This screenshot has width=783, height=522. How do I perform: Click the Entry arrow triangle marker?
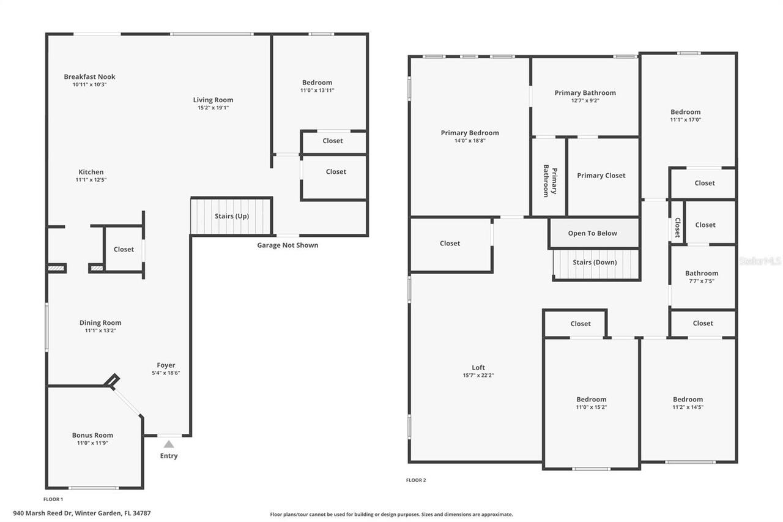click(x=169, y=444)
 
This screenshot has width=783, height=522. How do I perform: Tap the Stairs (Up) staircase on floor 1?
click(x=231, y=216)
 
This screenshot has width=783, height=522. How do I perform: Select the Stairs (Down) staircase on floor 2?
click(x=595, y=263)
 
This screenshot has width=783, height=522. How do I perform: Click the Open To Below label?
click(x=592, y=233)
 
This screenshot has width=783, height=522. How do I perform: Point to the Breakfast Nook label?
click(x=89, y=76)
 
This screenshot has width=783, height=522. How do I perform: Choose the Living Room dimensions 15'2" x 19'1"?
click(x=213, y=108)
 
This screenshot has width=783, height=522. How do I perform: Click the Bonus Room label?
click(x=92, y=435)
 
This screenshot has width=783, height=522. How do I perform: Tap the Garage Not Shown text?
click(x=288, y=245)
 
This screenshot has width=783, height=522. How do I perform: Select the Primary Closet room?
click(x=602, y=176)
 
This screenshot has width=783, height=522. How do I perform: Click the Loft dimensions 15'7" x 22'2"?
click(x=478, y=376)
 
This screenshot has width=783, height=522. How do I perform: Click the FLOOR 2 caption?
click(x=416, y=480)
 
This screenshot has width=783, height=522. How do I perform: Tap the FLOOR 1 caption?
click(x=53, y=499)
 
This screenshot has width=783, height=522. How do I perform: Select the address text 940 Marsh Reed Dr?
click(x=82, y=513)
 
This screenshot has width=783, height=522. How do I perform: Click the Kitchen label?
click(x=91, y=172)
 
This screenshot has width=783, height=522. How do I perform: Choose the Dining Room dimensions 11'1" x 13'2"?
click(x=100, y=330)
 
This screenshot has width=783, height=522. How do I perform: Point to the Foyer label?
click(x=166, y=365)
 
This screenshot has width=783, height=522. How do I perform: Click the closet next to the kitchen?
click(x=124, y=249)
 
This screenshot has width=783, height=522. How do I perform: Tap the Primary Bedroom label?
click(x=470, y=133)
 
